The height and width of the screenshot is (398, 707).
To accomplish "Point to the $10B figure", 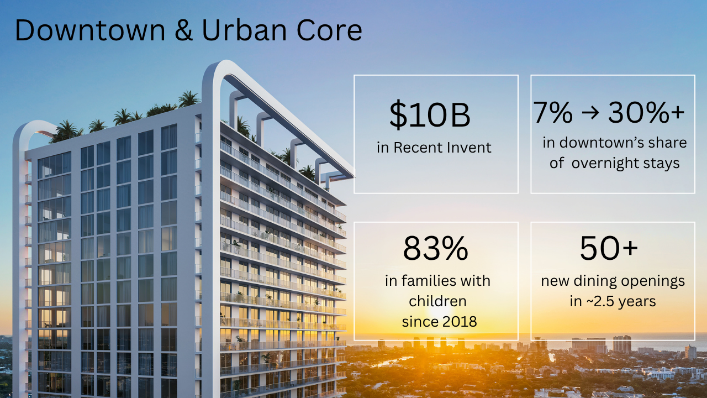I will pos(430,115).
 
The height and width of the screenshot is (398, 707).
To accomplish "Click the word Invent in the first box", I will pos(468,148).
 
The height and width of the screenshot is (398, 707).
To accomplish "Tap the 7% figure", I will pos(553,113).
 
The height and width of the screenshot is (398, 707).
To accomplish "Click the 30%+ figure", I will pos(646,113).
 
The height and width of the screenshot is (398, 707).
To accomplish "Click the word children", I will pos(437,301).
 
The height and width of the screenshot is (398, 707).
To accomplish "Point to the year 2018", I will pos(457,322).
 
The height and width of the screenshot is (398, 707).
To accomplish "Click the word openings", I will pos(655,281).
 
